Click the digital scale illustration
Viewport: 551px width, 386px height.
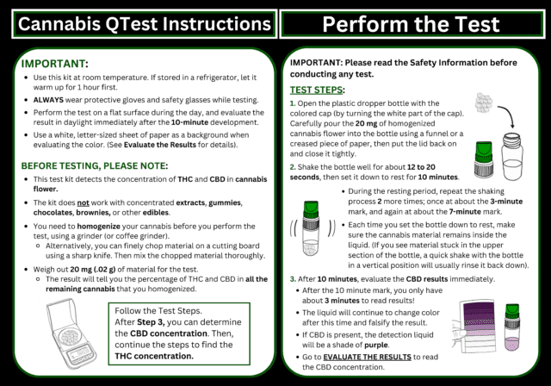click(x=68, y=333)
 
